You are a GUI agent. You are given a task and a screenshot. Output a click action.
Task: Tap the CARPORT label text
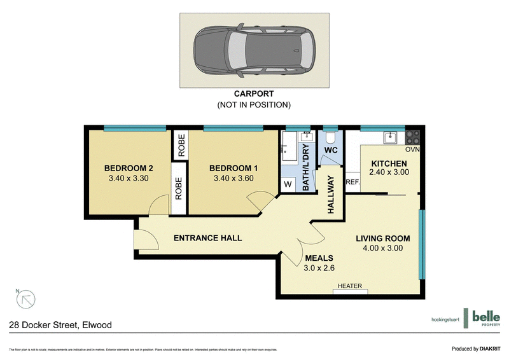(254, 94)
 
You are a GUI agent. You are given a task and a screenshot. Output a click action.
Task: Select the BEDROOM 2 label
(129, 168)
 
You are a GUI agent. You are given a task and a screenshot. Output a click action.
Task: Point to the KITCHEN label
(389, 163)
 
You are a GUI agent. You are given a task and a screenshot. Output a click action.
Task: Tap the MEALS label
(319, 258)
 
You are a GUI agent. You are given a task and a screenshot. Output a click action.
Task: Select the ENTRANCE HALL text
(207, 238)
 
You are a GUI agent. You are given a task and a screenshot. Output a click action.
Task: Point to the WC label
(330, 151)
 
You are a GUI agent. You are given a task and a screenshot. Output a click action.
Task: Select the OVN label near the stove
(413, 150)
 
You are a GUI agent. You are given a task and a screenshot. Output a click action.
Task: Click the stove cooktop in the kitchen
(412, 137)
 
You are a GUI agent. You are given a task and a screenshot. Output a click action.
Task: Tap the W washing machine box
(288, 184)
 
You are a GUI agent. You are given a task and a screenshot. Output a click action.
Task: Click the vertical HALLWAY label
(330, 195)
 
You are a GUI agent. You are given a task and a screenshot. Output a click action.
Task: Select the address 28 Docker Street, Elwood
(60, 325)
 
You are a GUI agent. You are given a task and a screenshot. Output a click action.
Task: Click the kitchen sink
(390, 137)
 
